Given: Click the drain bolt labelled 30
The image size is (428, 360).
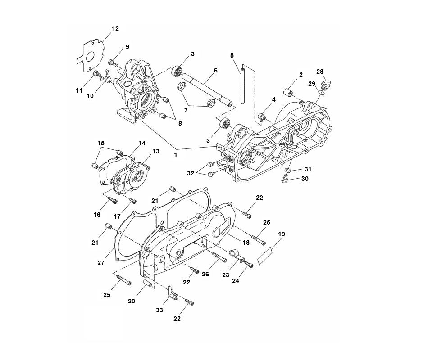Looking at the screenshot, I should point(286,180).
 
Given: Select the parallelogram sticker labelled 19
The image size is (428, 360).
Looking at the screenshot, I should point(265,256).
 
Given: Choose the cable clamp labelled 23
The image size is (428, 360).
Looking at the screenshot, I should point(235,255).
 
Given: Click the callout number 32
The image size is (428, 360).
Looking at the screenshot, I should point(191,172).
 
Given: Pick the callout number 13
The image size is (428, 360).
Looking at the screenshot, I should point(155,151).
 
